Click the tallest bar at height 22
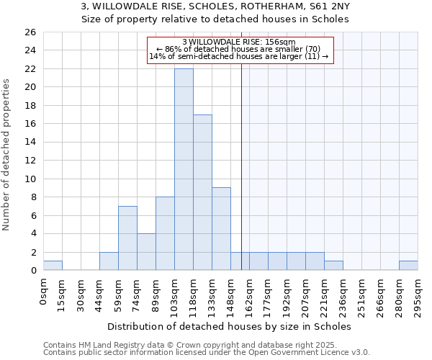click(x=184, y=169)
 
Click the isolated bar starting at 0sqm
click(x=53, y=266)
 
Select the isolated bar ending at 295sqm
click(x=408, y=266)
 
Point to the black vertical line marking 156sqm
click(x=241, y=144)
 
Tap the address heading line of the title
click(x=215, y=6)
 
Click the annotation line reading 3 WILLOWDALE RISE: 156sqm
click(x=238, y=42)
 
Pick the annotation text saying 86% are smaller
click(x=238, y=49)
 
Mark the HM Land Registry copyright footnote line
click(x=206, y=346)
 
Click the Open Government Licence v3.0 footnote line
click(x=206, y=353)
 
